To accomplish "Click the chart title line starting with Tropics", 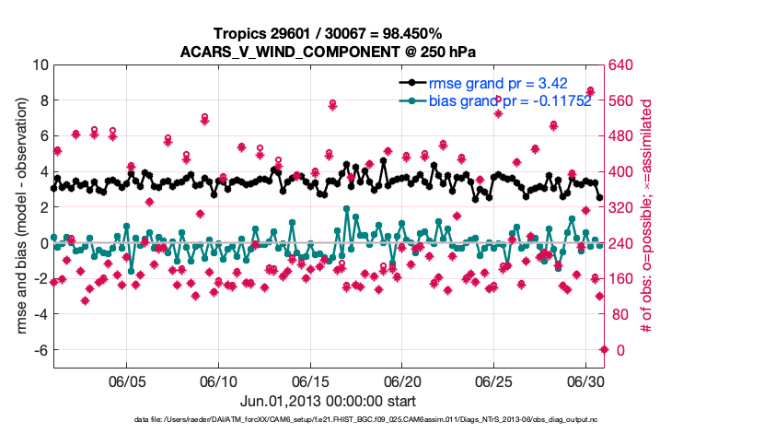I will tap(330, 33).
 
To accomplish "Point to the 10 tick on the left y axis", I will tap(41, 65).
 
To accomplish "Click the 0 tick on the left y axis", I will tap(43, 243).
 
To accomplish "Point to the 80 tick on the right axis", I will tap(619, 315).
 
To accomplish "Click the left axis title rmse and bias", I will tap(20, 208).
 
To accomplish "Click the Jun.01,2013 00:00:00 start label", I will tap(329, 402).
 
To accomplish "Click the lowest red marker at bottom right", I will tap(604, 349).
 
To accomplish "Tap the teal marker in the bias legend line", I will tap(411, 100).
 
